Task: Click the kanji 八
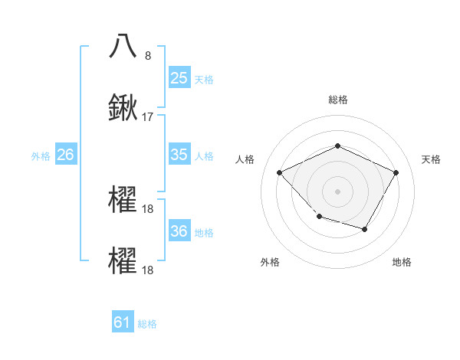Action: point(123,45)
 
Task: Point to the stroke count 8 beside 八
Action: point(148,55)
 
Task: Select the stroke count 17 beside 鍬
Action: point(148,117)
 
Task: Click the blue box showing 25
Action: point(179,77)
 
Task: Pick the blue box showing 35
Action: point(179,155)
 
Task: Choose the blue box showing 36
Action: point(179,231)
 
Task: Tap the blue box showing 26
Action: point(65,155)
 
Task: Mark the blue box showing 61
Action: point(123,322)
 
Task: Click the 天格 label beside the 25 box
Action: point(204,79)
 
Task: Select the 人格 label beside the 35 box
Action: point(204,156)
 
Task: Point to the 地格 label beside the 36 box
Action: point(204,232)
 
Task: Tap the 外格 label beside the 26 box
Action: point(41,156)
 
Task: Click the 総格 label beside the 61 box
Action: point(147,324)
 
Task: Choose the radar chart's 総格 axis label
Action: point(337,100)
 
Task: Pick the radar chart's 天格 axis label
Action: point(431,159)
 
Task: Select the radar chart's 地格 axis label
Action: point(402,262)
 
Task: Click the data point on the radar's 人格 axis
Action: point(280,172)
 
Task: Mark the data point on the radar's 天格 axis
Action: point(396,172)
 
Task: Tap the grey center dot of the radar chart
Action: point(337,191)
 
